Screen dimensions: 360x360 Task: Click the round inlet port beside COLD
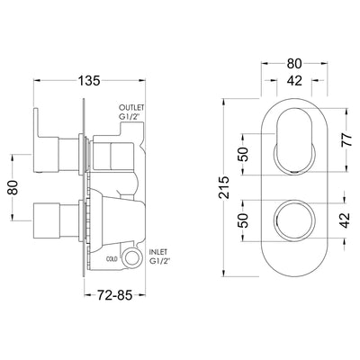click(135, 259)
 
